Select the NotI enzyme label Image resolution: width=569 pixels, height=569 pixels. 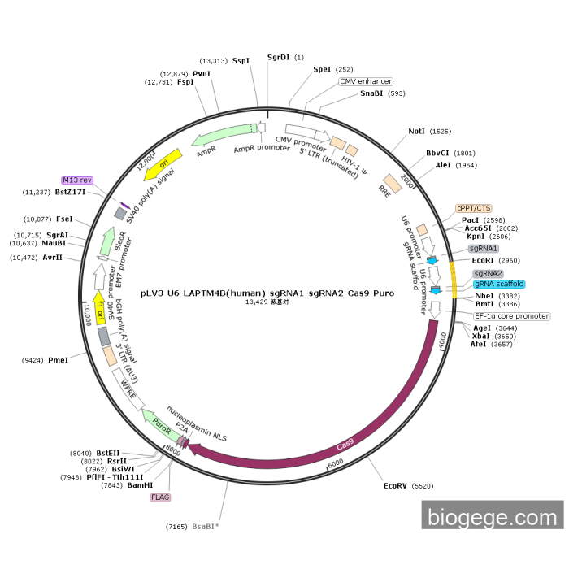416,131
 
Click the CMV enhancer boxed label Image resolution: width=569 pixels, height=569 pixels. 366,81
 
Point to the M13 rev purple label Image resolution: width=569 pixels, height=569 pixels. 77,180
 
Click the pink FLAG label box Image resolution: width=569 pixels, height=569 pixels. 160,496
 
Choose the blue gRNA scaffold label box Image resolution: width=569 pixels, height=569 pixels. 499,284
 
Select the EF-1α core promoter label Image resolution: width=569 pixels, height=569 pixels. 512,316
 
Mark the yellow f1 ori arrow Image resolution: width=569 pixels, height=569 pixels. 101,308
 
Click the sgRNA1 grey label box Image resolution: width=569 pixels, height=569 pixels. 483,248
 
